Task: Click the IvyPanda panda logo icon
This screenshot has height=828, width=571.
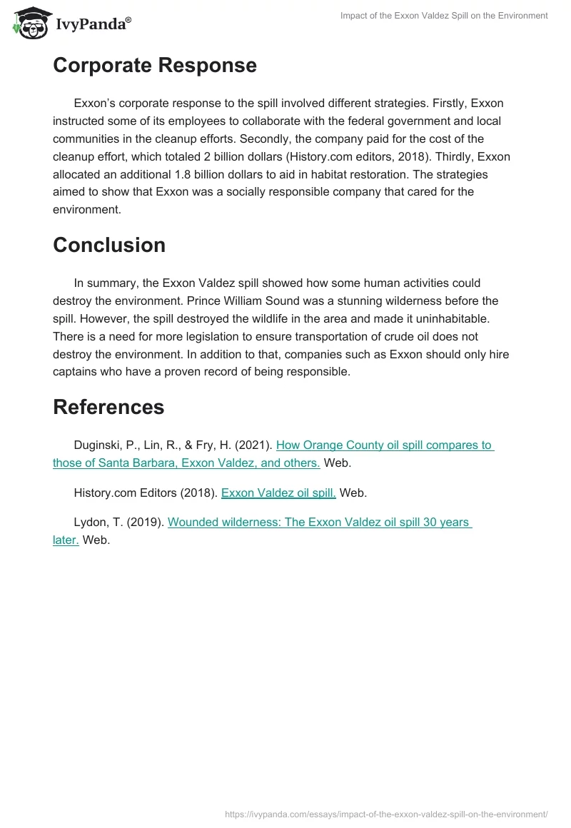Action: click(x=29, y=21)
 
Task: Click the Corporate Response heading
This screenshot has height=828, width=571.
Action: click(x=155, y=65)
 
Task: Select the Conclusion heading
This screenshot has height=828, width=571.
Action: click(x=109, y=245)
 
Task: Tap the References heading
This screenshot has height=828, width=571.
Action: click(x=108, y=406)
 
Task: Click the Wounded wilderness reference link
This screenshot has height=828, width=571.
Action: click(x=319, y=522)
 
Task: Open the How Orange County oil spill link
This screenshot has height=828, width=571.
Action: click(x=384, y=445)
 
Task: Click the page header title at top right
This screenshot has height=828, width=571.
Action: click(x=443, y=16)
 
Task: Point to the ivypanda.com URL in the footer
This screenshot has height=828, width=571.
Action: click(x=386, y=814)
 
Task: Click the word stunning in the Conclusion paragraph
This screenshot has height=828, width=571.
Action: click(x=338, y=301)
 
